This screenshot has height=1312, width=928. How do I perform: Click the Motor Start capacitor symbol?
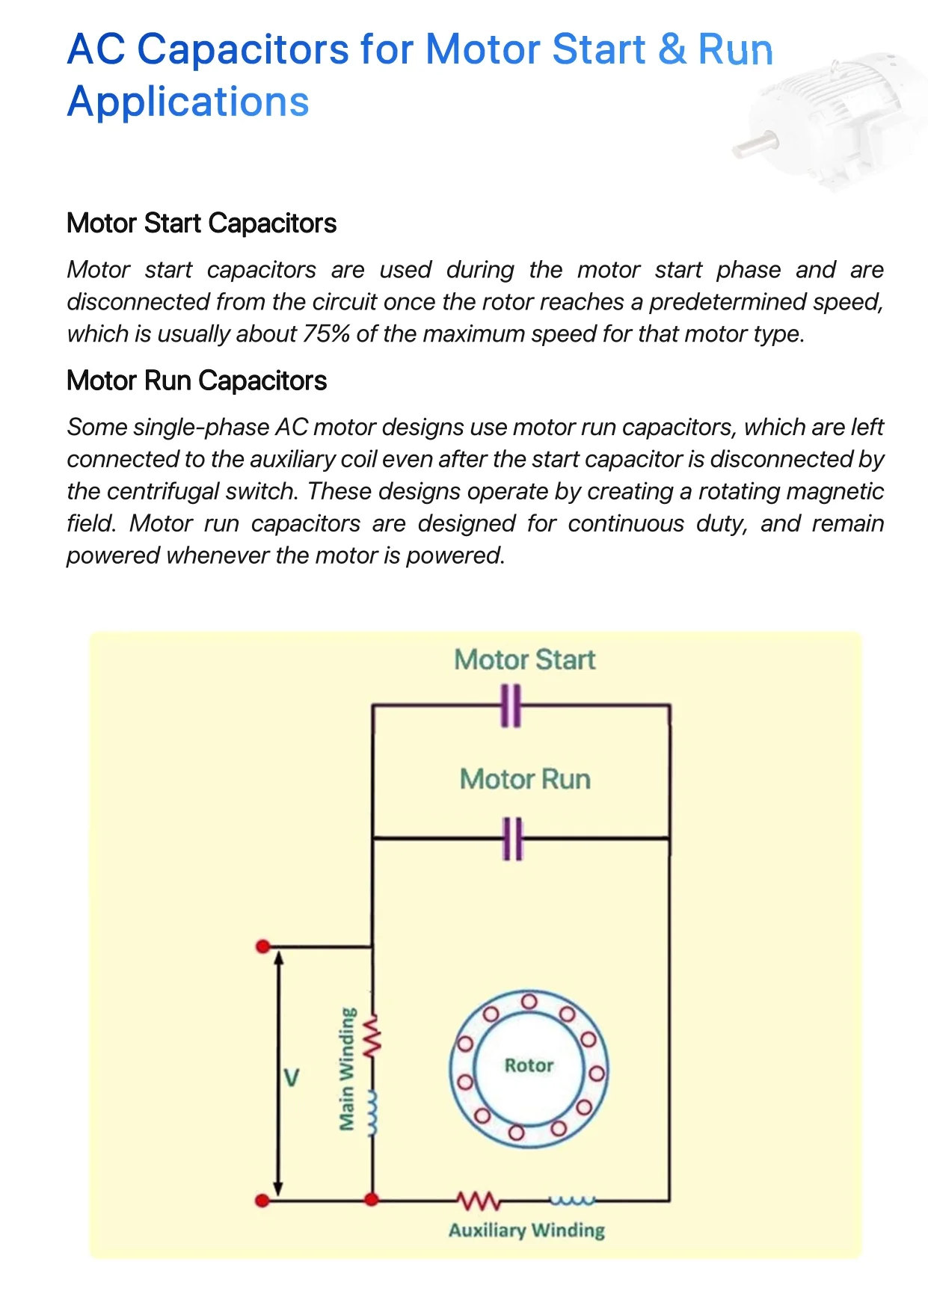coord(511,705)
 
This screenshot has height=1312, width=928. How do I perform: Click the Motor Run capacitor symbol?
coord(512,839)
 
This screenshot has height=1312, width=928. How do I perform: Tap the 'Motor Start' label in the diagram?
coord(524,659)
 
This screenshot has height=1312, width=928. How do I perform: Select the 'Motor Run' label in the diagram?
coord(525,779)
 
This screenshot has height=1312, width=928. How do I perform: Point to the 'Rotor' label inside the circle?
coord(529,1065)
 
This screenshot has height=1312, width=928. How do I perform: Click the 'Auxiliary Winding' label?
coord(526,1230)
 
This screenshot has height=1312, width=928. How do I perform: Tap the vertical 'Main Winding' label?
coord(346,1069)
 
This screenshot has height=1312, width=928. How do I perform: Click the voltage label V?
coord(292,1078)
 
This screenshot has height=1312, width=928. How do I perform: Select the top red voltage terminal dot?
coord(262,946)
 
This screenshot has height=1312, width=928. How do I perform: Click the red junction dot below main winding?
coord(371,1200)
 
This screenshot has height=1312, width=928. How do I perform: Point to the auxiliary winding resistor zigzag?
coord(479,1201)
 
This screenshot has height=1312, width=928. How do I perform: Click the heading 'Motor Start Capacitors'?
coord(201,224)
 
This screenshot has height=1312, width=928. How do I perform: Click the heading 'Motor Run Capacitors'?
coord(197,381)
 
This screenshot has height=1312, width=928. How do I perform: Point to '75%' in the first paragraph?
coord(326,333)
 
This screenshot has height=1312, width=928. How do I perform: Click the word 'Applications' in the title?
coord(188,102)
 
